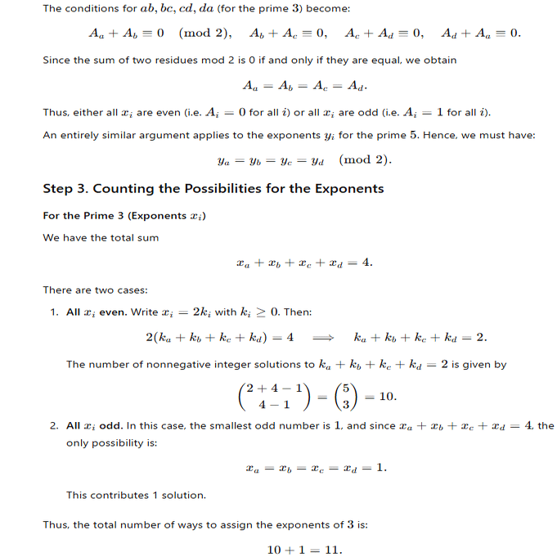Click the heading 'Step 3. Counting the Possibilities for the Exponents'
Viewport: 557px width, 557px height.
(213, 189)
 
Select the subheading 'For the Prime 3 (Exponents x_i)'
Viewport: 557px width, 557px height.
(124, 215)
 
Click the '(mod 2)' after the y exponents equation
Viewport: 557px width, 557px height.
(365, 159)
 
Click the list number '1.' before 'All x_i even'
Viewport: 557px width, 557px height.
(53, 312)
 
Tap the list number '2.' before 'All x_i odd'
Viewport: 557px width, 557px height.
(53, 425)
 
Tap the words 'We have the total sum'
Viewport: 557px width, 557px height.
(101, 237)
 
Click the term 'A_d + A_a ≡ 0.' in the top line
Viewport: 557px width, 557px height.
(480, 34)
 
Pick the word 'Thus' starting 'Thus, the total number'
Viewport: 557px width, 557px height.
(56, 524)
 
